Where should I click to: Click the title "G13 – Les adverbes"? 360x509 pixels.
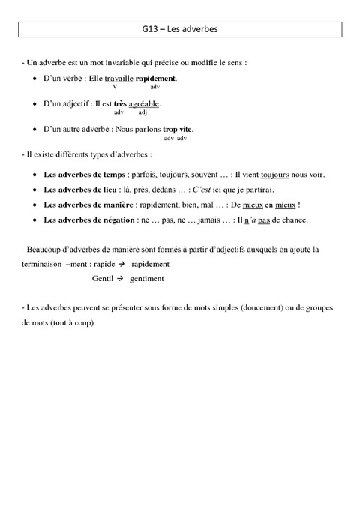(179, 31)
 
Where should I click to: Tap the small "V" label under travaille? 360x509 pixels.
(115, 87)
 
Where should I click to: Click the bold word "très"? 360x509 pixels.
(119, 103)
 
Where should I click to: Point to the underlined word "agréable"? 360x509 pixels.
(144, 103)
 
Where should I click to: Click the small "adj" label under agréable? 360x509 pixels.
(143, 112)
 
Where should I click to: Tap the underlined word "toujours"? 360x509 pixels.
(275, 174)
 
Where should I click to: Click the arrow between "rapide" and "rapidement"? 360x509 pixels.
(119, 264)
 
